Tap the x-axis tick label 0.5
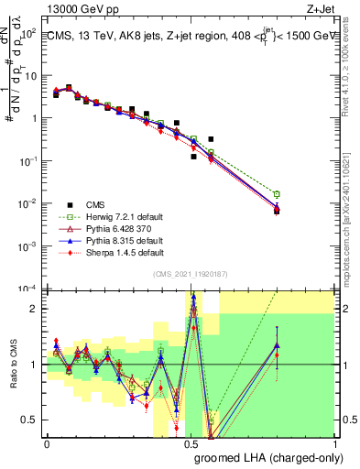tap(191, 442)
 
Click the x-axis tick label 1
tap(333, 442)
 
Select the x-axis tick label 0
tap(47, 442)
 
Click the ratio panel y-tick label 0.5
tap(29, 420)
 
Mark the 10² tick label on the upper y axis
tap(28, 33)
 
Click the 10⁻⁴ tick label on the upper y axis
tap(28, 289)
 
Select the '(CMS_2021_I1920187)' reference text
tap(190, 273)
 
